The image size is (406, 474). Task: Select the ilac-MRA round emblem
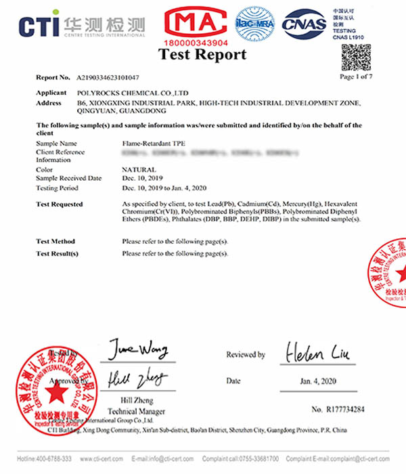(254, 25)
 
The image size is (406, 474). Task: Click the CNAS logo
(304, 24)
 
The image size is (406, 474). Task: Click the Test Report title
(202, 55)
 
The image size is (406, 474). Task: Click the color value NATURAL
(138, 170)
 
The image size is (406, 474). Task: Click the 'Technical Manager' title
(137, 411)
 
